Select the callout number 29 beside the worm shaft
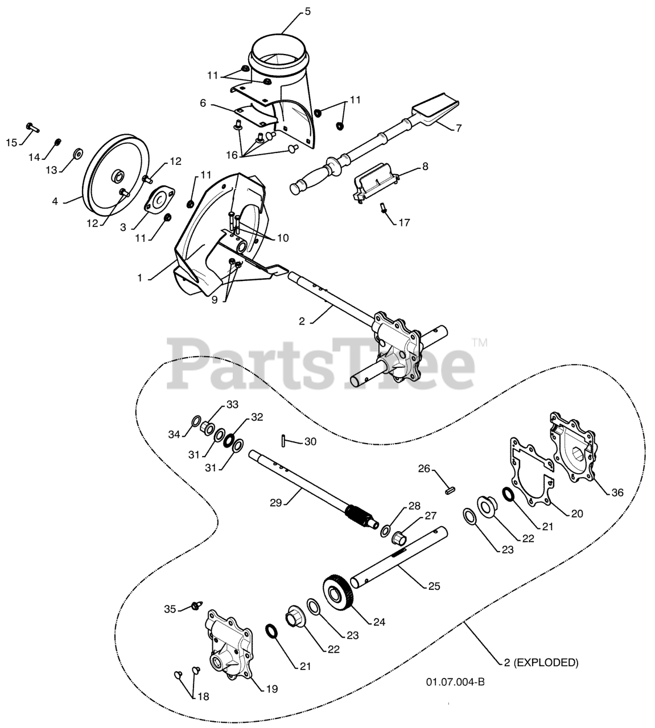[276, 502]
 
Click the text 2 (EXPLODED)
[541, 662]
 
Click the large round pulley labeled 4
[110, 172]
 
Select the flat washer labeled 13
[79, 154]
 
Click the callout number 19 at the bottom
[272, 689]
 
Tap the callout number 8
[425, 167]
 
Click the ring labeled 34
[195, 421]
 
